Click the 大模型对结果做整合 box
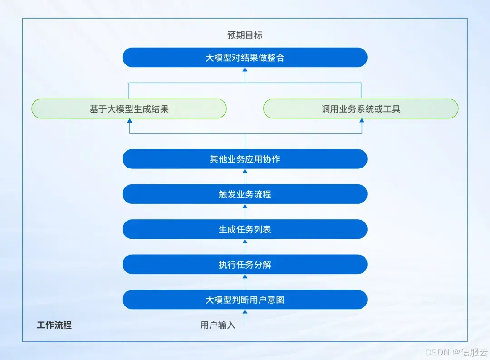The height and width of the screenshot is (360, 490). coord(245,58)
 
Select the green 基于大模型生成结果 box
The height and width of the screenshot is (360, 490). coord(129,109)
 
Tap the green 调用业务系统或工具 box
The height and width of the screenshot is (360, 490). coord(361,109)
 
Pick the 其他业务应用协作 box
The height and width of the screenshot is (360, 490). coord(245,159)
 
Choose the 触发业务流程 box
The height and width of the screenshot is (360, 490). coord(245,194)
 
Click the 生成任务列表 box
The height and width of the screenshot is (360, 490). coord(245,229)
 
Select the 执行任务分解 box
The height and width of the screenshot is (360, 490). coord(245,264)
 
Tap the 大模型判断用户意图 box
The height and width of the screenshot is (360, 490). coord(245,300)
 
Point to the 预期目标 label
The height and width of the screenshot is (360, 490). coord(245,35)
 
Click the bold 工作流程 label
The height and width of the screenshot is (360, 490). coord(54,325)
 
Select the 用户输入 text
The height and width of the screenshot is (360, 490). coord(218,325)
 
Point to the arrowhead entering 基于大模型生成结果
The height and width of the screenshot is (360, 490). coord(130,121)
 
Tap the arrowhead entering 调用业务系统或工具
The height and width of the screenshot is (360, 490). coord(362,121)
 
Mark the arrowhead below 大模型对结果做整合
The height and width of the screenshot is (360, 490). coord(245,70)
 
